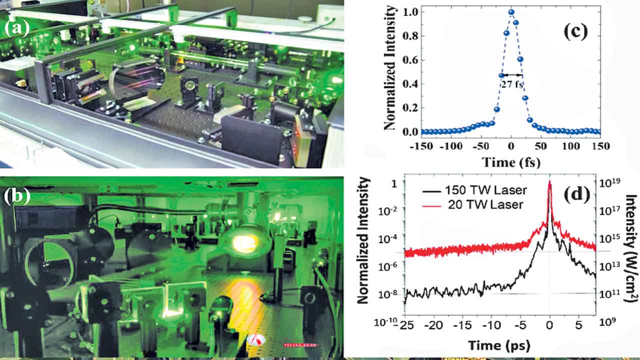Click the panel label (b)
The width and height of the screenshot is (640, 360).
pos(16,196)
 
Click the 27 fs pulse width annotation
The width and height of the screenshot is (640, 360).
pos(511,84)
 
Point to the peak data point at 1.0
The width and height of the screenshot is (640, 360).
pos(511,12)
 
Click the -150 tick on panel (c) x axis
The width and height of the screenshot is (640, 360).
pos(421,146)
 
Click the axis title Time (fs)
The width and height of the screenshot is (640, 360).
pos(510,161)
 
